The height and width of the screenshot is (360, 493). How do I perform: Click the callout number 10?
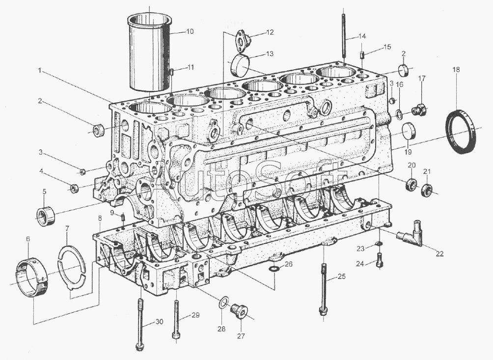click(x=190, y=31)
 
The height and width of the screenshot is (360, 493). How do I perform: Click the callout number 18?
click(x=456, y=70)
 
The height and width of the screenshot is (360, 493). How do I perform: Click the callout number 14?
click(x=362, y=36)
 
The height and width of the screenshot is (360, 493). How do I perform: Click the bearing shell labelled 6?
click(x=32, y=277)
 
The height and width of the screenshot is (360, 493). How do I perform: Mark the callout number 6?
click(x=28, y=239)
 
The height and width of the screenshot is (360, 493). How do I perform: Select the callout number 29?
click(x=195, y=315)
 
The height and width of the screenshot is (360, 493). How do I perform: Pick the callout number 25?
click(x=341, y=277)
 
